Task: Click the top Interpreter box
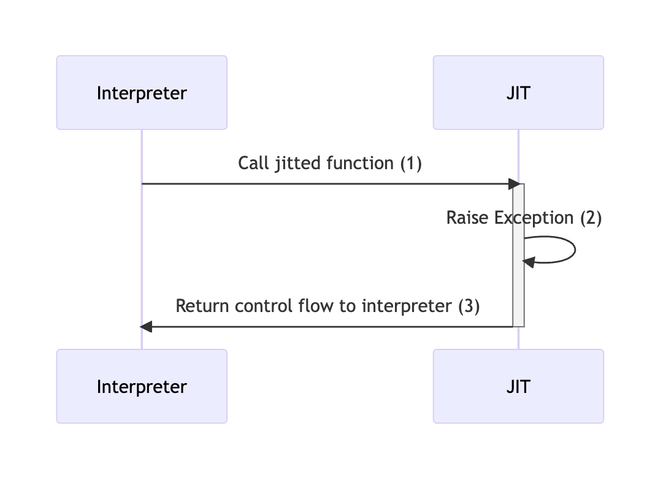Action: (x=142, y=93)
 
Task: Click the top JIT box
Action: (x=518, y=93)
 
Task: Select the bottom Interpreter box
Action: (x=142, y=386)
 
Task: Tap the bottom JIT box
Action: (x=518, y=386)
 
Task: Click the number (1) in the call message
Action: (x=410, y=164)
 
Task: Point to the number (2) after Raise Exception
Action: (x=591, y=218)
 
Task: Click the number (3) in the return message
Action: (x=469, y=306)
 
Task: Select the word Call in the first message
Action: (x=251, y=164)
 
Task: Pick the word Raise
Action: (x=464, y=218)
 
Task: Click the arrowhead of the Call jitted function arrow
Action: (x=515, y=183)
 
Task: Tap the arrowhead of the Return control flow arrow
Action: (x=146, y=326)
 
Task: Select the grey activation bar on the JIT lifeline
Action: (x=518, y=288)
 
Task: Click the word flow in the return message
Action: (x=312, y=306)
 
